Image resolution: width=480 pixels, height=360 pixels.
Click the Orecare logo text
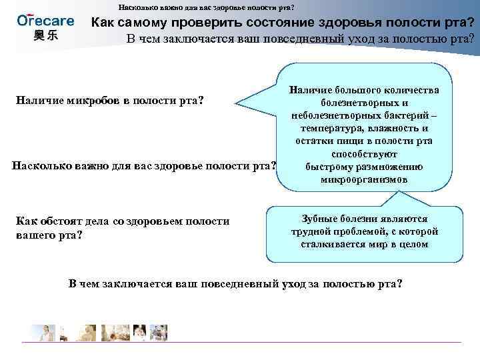tap(45, 19)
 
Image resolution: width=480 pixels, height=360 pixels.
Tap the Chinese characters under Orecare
tap(45, 35)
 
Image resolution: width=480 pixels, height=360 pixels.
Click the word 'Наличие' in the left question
tap(39, 101)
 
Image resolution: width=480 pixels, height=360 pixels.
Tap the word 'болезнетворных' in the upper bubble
tap(364, 103)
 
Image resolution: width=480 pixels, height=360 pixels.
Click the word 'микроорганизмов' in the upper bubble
tap(363, 179)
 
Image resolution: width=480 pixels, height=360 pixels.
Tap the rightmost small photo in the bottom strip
tap(159, 333)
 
